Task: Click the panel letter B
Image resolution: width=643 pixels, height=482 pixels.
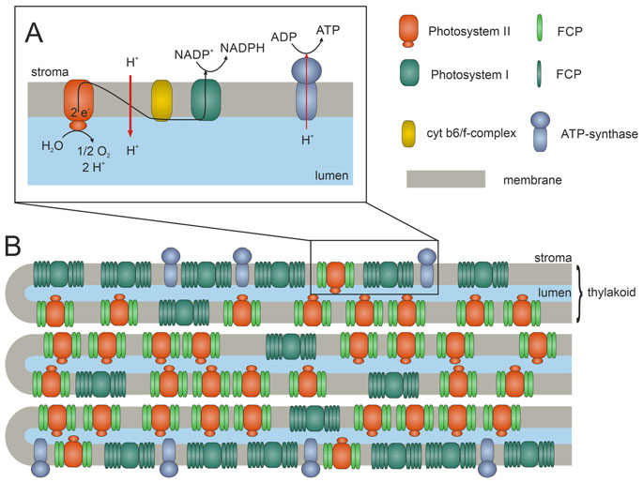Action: pos(14,248)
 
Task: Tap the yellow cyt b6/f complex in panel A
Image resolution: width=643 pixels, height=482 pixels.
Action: pos(162,100)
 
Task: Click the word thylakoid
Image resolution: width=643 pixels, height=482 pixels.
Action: pos(612,294)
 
